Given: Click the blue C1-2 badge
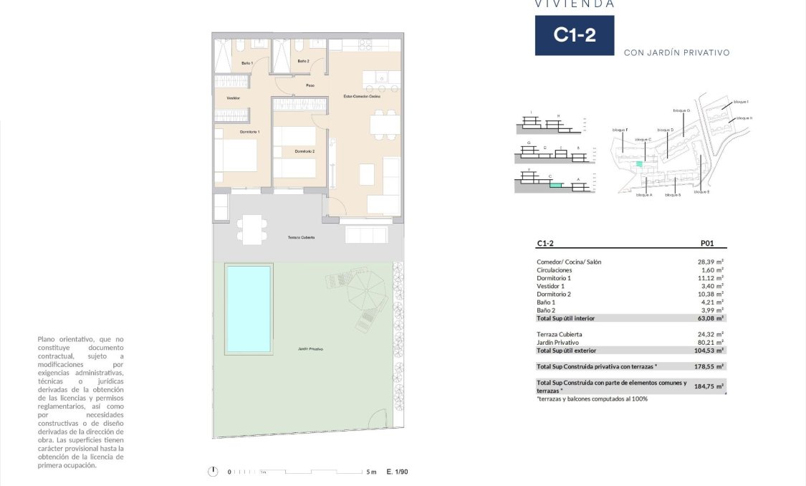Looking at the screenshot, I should point(574,35).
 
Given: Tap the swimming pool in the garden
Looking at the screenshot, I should point(249,308).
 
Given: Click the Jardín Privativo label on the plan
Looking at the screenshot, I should point(310,349).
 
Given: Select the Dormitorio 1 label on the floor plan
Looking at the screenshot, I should point(249,132).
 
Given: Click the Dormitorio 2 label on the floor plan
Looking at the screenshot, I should point(304,151).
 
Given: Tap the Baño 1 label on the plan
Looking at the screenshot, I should point(247,64).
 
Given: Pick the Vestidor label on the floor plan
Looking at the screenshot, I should point(233,97).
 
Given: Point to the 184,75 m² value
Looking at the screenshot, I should point(707,386).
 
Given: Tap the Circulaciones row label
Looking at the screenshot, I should point(554,270).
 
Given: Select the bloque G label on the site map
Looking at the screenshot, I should point(681,110).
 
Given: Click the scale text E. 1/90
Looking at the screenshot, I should point(397,472).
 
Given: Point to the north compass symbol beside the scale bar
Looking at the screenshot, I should point(212,471).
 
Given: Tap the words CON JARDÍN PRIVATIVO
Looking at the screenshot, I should point(676,52).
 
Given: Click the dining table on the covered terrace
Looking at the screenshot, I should point(251,229).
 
